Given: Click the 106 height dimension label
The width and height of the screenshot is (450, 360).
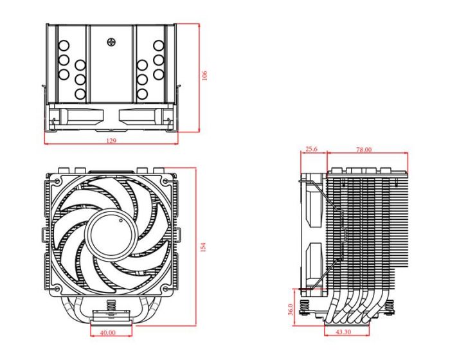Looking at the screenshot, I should click(205, 76).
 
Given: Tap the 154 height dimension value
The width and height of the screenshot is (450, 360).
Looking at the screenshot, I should click(204, 248).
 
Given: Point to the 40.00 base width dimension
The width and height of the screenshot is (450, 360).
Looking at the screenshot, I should click(107, 333).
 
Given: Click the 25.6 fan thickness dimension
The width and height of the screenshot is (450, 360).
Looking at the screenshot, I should click(311, 149).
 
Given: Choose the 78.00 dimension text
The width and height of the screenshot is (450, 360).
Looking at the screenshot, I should click(363, 149).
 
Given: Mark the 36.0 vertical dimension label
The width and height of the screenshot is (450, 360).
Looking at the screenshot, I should click(291, 309).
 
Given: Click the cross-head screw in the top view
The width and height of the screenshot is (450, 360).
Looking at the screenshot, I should click(111, 43).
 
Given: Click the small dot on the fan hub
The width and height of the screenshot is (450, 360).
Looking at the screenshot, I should click(118, 220).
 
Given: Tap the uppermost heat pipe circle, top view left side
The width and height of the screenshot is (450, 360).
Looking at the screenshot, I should click(64, 46).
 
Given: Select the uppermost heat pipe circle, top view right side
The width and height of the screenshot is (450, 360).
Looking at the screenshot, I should click(157, 46).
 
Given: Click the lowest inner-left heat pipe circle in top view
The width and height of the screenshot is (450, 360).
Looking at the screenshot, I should click(80, 94).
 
